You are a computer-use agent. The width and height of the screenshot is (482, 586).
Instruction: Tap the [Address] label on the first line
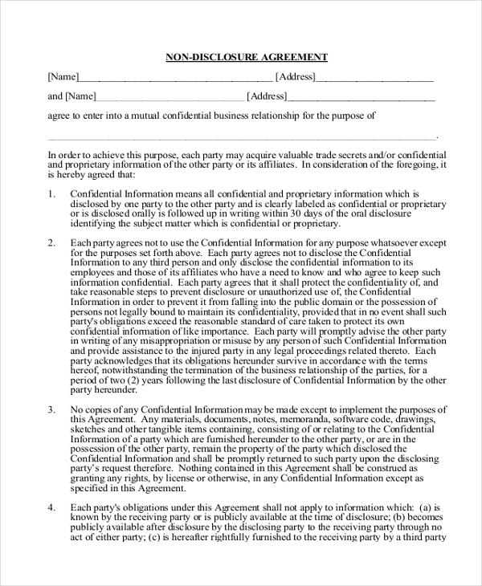point(295,77)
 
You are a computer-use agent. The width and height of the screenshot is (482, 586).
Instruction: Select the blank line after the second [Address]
point(361,97)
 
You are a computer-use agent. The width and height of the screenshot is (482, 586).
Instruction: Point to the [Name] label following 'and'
point(80,96)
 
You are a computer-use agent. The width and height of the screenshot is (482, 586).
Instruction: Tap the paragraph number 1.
point(51,194)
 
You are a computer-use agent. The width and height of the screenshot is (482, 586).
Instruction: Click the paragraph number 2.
point(51,242)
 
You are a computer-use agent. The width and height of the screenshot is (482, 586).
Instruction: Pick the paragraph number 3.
point(51,410)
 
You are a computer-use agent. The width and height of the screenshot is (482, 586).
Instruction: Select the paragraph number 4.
point(51,507)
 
